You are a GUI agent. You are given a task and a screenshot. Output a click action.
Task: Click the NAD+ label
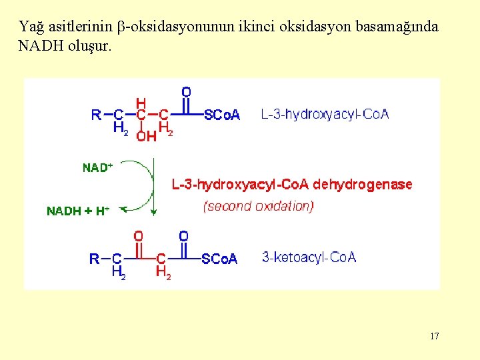point(97,168)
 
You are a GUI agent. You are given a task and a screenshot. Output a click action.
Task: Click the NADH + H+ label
point(77,211)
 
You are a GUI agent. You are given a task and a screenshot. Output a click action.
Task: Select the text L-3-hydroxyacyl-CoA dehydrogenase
point(292,185)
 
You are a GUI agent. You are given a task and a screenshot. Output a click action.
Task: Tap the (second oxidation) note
point(258,206)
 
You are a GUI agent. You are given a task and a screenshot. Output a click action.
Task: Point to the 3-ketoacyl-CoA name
point(309,257)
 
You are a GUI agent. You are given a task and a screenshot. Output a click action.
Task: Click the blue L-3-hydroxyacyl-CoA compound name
point(325,114)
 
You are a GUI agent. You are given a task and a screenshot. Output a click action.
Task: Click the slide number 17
point(434,336)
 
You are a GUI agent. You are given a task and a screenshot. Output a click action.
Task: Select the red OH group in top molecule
point(147,136)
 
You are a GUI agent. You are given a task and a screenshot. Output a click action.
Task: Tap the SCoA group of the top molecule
point(222,115)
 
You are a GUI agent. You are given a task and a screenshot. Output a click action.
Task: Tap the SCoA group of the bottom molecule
point(219,259)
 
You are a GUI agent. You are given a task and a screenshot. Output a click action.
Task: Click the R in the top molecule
point(96,115)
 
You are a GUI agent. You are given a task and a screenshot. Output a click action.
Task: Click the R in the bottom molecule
point(95,259)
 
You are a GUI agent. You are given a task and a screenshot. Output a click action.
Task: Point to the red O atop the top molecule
point(186,92)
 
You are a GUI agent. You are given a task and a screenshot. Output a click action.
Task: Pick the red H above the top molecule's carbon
point(141,103)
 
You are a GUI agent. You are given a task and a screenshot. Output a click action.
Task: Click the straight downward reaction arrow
point(154,187)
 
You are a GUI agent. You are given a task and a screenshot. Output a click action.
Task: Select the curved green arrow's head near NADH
point(131,207)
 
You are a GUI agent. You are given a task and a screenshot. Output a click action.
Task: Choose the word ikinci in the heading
point(257,27)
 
